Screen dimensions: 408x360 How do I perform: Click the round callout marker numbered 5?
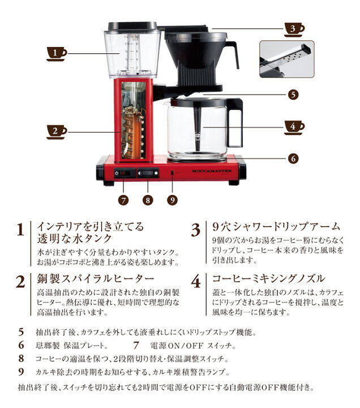point(292,95)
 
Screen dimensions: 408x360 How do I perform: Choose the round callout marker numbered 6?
point(292,159)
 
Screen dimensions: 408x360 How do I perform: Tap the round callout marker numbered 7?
point(124,199)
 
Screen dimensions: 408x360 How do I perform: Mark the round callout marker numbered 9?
point(173,199)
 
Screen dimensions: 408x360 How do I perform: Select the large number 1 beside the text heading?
point(20,231)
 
